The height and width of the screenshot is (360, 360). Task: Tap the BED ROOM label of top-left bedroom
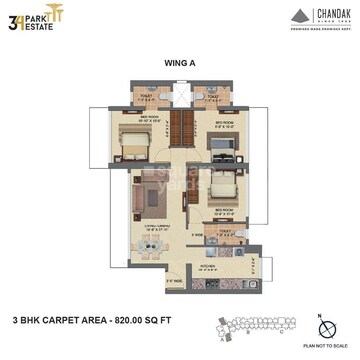coord(149,117)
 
